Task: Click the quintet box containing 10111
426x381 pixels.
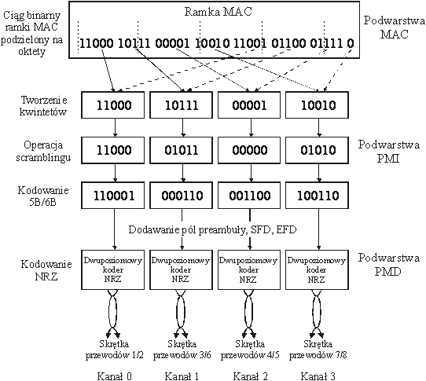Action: click(x=182, y=104)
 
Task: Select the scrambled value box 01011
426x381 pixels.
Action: click(x=182, y=150)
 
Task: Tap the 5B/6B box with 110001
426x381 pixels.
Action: click(x=112, y=196)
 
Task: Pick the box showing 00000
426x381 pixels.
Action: click(x=249, y=150)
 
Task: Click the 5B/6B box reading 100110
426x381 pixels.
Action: click(x=317, y=196)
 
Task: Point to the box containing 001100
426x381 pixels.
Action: click(x=249, y=196)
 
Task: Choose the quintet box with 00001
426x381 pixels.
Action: click(x=249, y=104)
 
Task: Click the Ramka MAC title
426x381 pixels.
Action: click(x=219, y=12)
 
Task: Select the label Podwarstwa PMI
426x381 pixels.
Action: click(x=388, y=151)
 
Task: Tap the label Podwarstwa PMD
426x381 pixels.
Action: click(x=388, y=264)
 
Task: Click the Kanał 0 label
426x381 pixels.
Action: click(x=115, y=376)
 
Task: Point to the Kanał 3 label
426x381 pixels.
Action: click(x=318, y=376)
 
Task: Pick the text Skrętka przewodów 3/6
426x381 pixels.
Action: click(x=182, y=350)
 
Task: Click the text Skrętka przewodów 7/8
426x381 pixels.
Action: click(x=318, y=350)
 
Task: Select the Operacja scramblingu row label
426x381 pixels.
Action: click(x=43, y=151)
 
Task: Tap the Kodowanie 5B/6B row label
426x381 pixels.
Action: click(x=43, y=196)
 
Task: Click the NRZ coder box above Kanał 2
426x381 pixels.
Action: click(x=249, y=269)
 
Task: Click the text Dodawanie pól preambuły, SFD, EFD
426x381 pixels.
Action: click(x=212, y=229)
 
